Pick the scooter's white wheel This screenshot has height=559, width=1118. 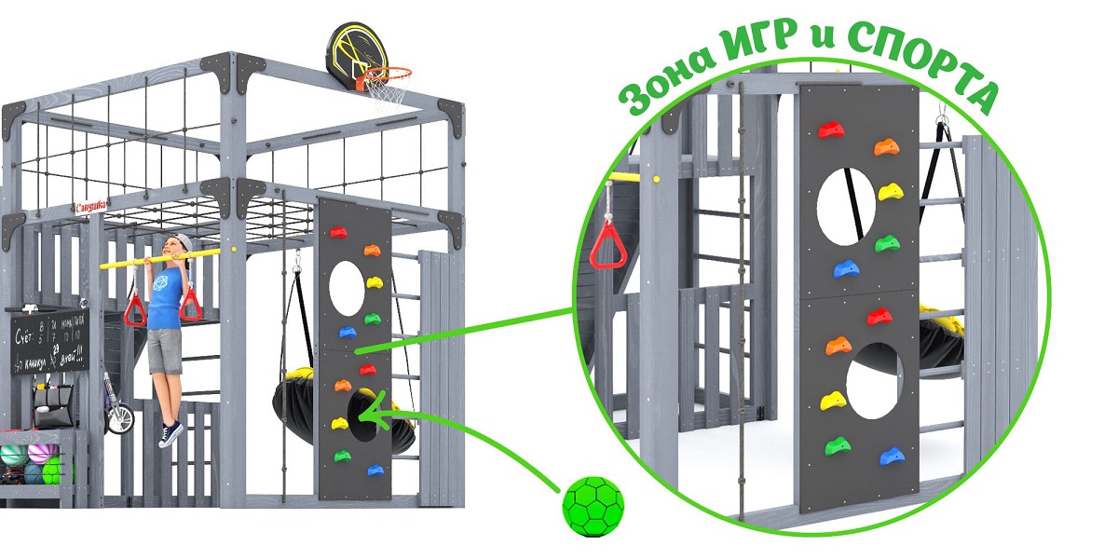[119, 418]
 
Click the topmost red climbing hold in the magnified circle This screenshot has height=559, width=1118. [829, 130]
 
